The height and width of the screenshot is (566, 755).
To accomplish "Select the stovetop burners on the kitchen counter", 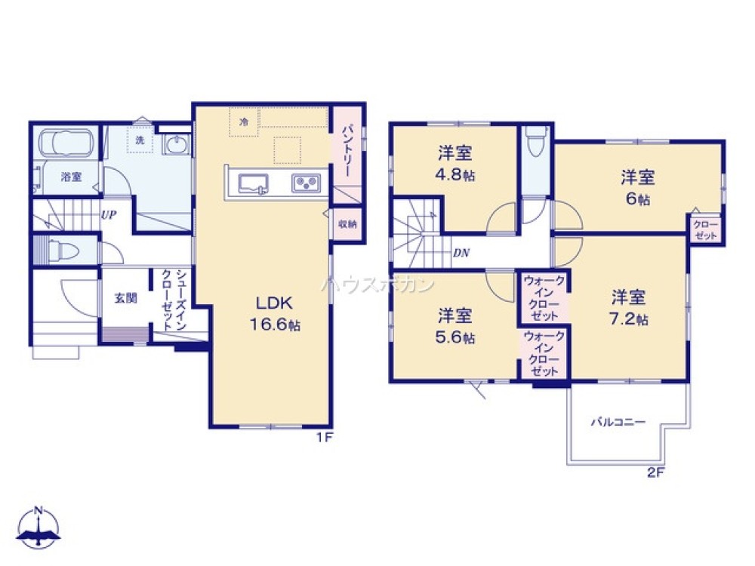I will pos(307,183).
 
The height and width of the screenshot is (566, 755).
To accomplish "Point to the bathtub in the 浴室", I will pos(66,143).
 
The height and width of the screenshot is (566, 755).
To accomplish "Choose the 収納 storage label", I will pos(347,224).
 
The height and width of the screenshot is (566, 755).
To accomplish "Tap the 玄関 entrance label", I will pos(125,297).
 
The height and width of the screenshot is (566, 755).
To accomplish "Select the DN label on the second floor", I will pos(461,254).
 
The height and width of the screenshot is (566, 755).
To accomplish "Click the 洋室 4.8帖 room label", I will pos(455,164).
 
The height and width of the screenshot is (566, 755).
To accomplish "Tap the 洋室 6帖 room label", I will pos(638,187).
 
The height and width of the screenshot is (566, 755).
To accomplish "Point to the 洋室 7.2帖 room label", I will pos(629,306).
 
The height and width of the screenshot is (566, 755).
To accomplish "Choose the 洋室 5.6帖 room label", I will pos(456,325).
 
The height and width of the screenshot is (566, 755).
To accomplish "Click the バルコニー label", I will pos(618,423).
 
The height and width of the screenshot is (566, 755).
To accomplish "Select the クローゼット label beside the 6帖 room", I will pos(705,229).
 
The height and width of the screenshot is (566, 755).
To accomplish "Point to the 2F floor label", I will pos(655,474).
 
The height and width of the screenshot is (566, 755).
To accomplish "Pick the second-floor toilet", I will pos(535,143).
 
